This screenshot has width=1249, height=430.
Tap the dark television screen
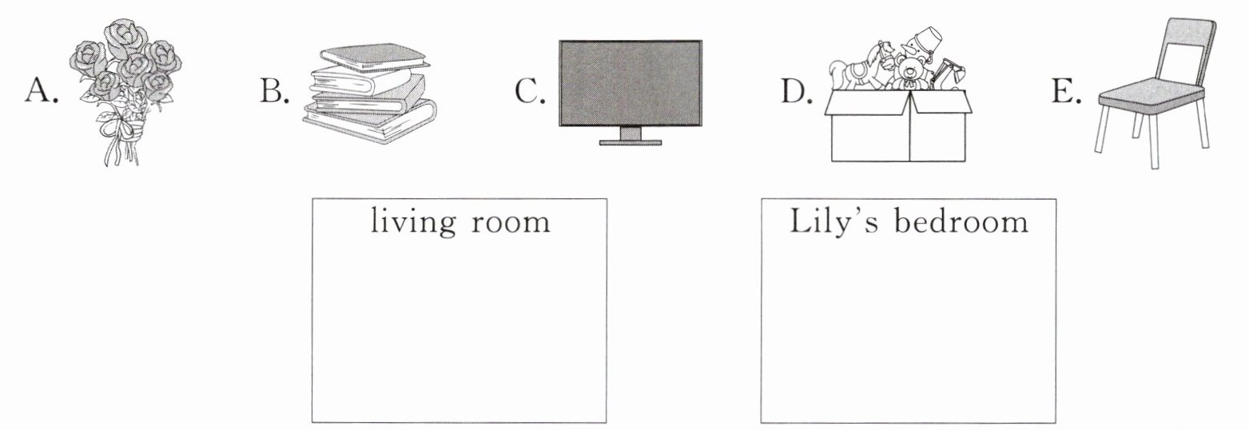[630, 83]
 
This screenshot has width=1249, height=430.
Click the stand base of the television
[630, 142]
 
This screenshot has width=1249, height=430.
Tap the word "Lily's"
[834, 221]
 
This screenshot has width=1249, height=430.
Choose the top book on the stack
[374, 56]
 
